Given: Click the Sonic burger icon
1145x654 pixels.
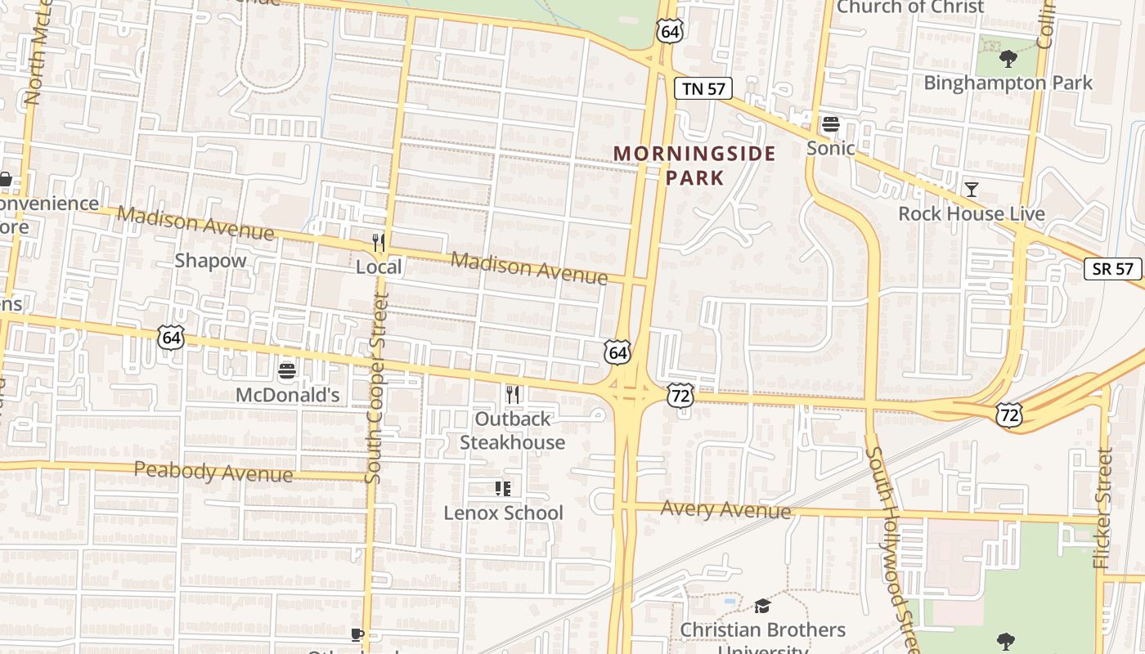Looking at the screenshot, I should coord(830,124).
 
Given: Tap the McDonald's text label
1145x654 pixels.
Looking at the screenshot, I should coord(287,395).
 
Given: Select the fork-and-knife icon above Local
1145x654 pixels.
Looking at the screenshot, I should coord(378,242).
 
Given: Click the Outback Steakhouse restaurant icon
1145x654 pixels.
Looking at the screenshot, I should coord(512,395).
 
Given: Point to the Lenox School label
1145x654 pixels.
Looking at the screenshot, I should coord(503,513).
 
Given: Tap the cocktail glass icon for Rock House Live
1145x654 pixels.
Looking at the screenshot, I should coord(971,190).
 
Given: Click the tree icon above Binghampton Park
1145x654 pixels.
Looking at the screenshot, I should coord(1008,59).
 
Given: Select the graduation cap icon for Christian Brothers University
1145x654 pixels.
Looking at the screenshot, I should coord(762,606).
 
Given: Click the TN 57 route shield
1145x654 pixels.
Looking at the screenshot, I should coord(703,88).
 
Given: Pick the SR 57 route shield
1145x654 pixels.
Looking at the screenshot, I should coord(1112,269).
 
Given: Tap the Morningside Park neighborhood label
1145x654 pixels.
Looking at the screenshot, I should coord(694,165).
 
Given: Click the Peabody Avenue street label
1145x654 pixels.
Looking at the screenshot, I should coord(213,472).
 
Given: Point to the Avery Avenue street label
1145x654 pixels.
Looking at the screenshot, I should coord(725,509).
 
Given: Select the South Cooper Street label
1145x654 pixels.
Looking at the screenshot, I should coord(375,388).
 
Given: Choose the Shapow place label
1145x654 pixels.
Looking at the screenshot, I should coord(210,261).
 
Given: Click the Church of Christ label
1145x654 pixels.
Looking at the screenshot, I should coord(909,7).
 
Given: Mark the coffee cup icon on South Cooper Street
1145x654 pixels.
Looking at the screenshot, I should coord(357,634).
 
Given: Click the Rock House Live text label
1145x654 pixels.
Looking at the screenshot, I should coord(971,213).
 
